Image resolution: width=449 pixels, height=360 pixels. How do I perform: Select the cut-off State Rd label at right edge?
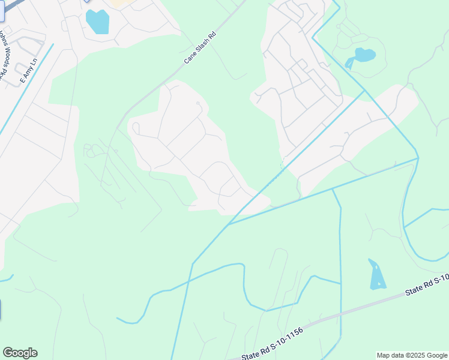point(427,286)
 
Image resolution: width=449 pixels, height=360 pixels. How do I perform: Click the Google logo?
point(20,353)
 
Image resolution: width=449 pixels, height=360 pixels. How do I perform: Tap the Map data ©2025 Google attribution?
point(412,355)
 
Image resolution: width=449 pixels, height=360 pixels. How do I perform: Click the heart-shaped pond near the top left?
point(98,22)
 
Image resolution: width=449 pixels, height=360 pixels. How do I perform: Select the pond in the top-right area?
point(363,56)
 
